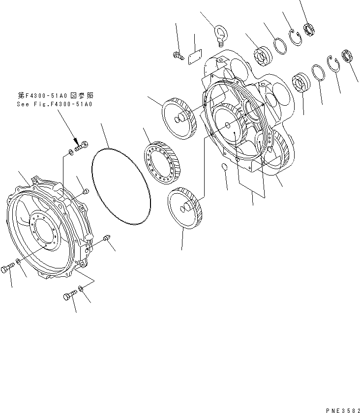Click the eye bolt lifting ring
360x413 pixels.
tap(220, 37)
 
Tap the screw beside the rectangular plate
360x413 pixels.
tap(177, 57)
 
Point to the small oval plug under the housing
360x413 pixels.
tap(224, 168)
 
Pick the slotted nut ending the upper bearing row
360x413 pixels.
tap(309, 30)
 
